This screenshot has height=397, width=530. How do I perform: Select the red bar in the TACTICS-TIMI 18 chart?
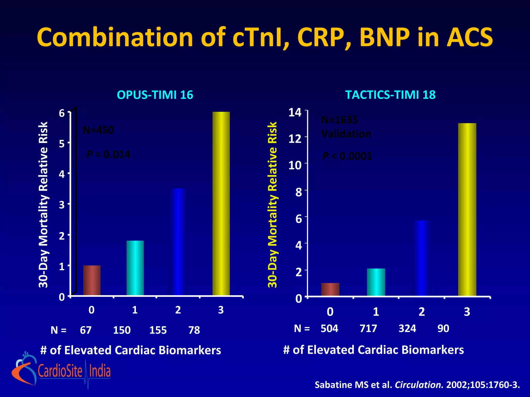[330, 289]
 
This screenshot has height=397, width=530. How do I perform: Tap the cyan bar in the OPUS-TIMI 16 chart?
[135, 268]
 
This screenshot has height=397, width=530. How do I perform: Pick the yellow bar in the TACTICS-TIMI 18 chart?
[467, 209]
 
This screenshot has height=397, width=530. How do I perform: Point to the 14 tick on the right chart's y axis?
[295, 113]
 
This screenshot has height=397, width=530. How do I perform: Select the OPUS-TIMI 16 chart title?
[155, 95]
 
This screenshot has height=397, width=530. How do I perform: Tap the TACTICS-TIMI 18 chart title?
[390, 95]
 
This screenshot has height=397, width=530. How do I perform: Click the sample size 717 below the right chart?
[368, 329]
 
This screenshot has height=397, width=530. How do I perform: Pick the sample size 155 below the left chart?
[158, 330]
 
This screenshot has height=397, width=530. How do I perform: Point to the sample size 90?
[443, 329]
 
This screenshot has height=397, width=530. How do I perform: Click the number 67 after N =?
[86, 330]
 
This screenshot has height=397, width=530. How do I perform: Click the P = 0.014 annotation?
[108, 155]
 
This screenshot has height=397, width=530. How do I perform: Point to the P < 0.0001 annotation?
[347, 156]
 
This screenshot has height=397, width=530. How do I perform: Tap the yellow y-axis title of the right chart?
[272, 205]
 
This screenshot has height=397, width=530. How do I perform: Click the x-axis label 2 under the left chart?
[178, 310]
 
